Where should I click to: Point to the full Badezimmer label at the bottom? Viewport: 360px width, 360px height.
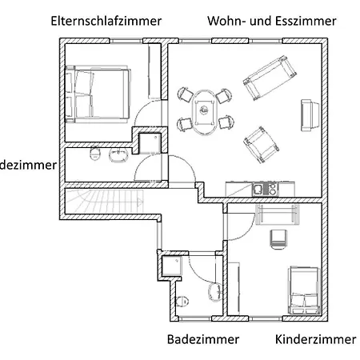coord(203,340)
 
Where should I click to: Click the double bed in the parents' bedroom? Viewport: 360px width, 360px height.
coord(97,95)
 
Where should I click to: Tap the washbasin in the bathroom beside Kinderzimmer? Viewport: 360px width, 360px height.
coord(214,291)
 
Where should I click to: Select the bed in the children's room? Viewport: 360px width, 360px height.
coord(304,290)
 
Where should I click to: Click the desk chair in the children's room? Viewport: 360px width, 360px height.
coord(278,237)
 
